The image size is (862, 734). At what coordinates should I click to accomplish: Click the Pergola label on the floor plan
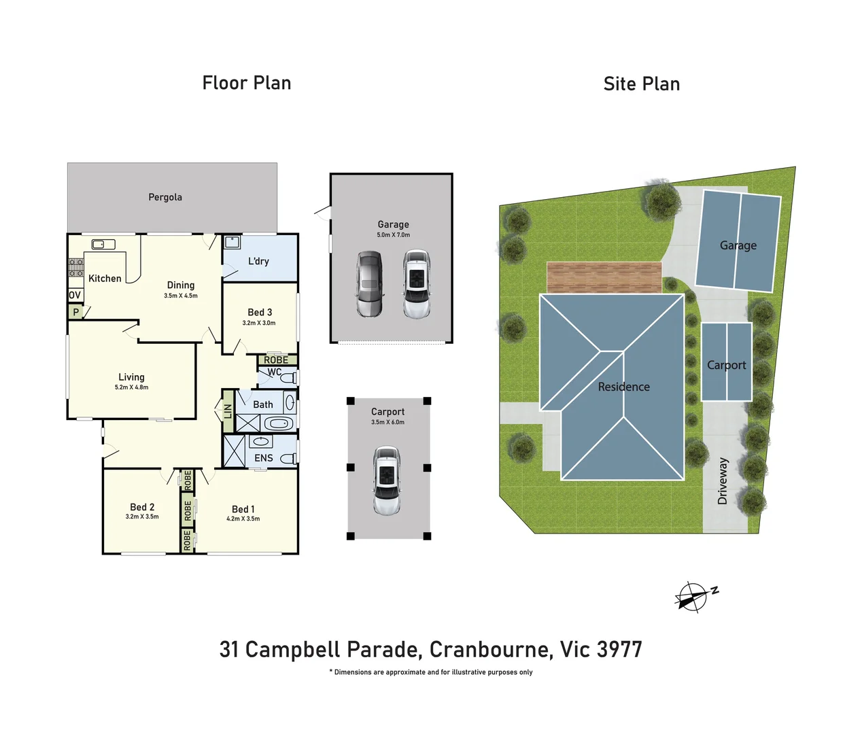click(x=165, y=197)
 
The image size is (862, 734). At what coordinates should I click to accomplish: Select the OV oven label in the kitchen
click(x=75, y=295)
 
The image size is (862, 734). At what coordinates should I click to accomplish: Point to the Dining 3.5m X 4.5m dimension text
click(x=181, y=296)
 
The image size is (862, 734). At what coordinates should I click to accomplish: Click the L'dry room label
click(x=258, y=261)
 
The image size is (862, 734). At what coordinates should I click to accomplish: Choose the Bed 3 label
click(x=260, y=312)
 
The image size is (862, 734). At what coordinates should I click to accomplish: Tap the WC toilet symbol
click(x=288, y=377)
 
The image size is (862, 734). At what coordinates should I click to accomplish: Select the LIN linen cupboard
click(x=228, y=410)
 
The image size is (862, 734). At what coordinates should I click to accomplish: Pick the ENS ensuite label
click(x=263, y=458)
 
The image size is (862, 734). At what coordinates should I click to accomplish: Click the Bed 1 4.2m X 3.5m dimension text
click(x=243, y=519)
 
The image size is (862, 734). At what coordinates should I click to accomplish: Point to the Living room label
click(x=131, y=377)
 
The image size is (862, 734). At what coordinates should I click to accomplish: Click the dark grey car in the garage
click(x=370, y=284)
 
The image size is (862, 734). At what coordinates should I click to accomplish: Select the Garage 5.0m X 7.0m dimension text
click(x=394, y=235)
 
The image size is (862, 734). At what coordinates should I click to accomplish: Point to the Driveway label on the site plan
click(x=723, y=480)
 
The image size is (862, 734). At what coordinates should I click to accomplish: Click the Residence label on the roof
click(x=623, y=387)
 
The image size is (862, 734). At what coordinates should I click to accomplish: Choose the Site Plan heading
click(x=641, y=84)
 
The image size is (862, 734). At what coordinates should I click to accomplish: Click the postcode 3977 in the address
click(x=619, y=650)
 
